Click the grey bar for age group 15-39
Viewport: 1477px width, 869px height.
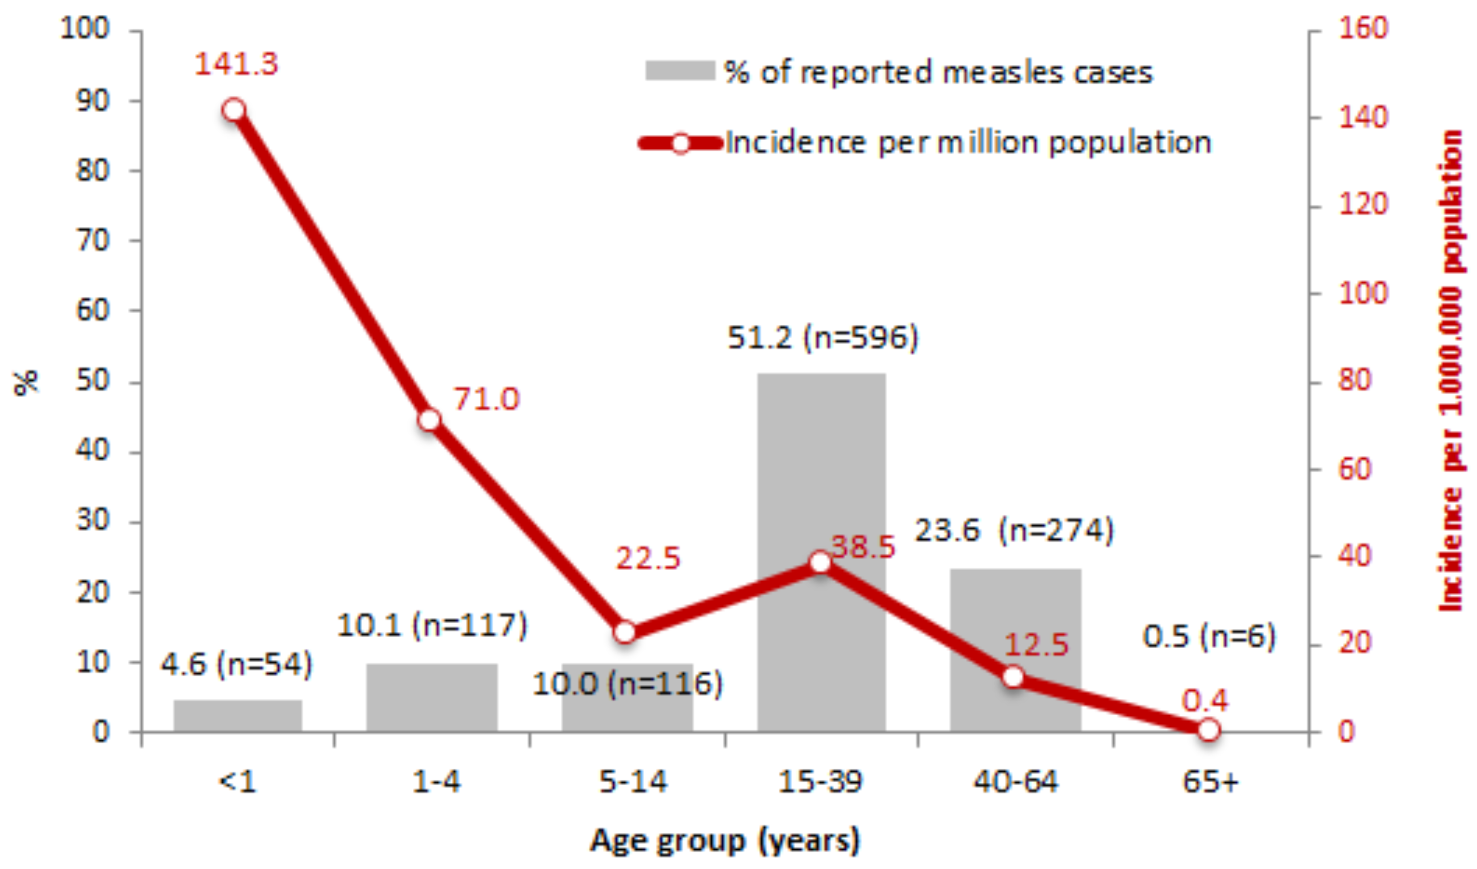click(821, 469)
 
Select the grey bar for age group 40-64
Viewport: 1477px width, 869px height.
click(1015, 621)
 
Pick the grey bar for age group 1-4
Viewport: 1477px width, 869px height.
click(432, 697)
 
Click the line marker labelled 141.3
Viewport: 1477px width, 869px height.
click(234, 110)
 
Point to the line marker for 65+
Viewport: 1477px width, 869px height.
click(1208, 730)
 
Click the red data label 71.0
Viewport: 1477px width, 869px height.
click(487, 399)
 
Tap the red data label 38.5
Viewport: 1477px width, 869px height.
click(863, 547)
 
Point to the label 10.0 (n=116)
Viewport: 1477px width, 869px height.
click(627, 684)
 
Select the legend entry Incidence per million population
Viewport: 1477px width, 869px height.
click(967, 143)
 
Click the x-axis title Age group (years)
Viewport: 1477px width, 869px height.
click(725, 841)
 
